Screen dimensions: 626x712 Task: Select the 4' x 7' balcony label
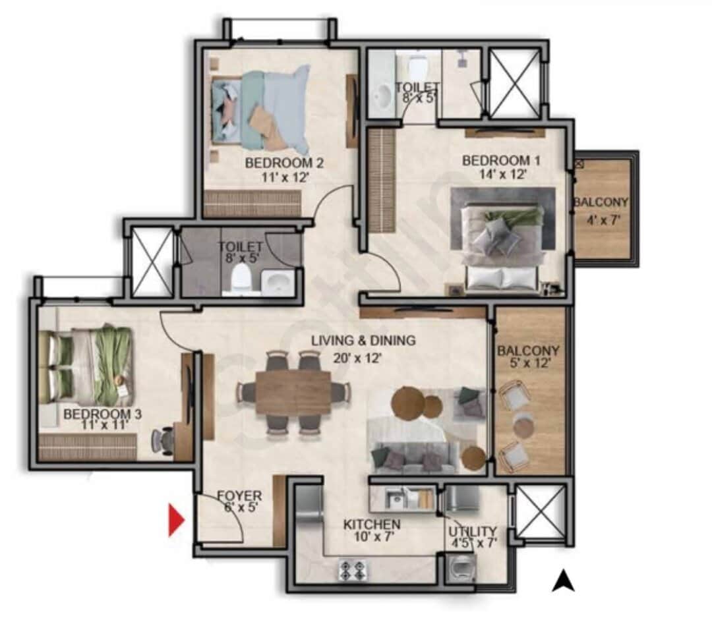pyautogui.click(x=600, y=210)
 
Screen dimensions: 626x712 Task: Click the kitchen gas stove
pyautogui.click(x=352, y=569)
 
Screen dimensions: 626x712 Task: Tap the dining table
pyautogui.click(x=293, y=393)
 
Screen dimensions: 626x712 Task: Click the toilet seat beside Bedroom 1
pyautogui.click(x=417, y=67)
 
